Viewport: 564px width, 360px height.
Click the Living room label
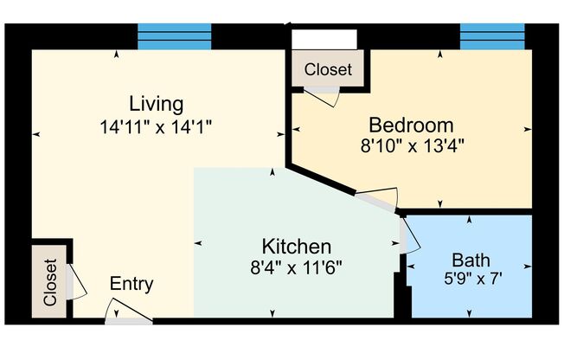(157, 104)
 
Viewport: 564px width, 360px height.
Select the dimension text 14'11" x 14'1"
(157, 125)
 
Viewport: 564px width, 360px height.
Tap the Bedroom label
(412, 124)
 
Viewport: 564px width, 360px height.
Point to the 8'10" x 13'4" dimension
(413, 145)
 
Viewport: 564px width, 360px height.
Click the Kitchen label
(297, 245)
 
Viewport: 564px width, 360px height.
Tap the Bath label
(470, 259)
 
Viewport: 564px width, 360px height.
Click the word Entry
(131, 284)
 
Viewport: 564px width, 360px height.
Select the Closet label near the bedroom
(329, 69)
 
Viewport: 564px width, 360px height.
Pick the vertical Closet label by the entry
(49, 282)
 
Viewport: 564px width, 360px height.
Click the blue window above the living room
(175, 36)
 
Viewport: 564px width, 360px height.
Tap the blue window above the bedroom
(492, 36)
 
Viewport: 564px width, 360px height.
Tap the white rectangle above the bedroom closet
(324, 41)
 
